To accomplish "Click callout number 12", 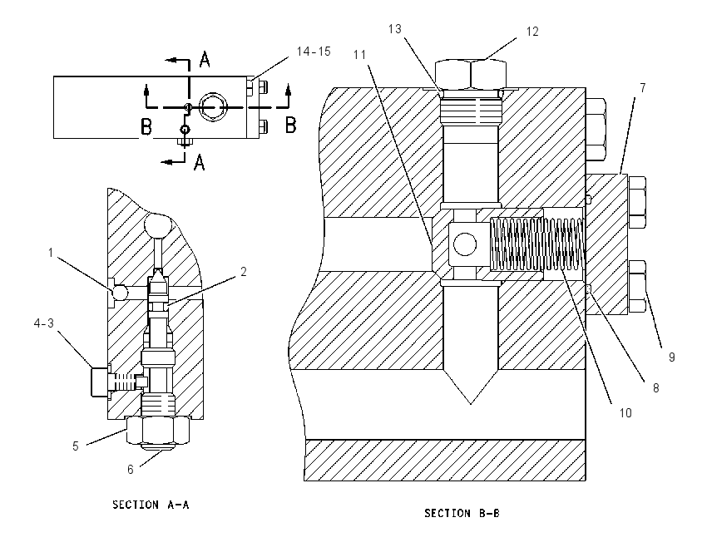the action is (532, 32).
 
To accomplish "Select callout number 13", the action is (394, 29).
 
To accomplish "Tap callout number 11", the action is (359, 55).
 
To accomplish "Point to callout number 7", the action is (642, 88).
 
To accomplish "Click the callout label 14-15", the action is (314, 52).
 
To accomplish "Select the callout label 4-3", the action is (44, 323).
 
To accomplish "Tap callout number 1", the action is (51, 253).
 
